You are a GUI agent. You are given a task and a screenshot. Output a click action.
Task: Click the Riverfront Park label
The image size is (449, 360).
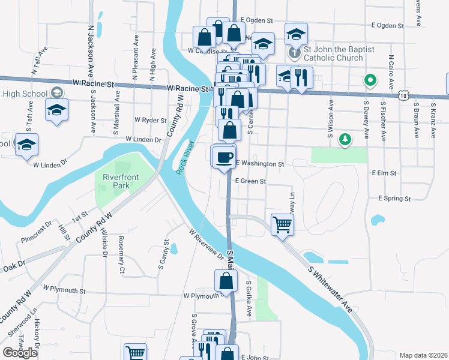tap(116, 181)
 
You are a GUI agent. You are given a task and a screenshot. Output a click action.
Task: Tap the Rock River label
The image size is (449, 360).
tap(185, 158)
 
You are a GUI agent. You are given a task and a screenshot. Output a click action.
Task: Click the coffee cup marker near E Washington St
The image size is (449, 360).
tap(224, 157)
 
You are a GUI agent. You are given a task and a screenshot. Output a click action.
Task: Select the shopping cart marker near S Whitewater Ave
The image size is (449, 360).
tap(282, 225)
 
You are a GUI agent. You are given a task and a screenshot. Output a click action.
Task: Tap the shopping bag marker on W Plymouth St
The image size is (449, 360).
tap(225, 280)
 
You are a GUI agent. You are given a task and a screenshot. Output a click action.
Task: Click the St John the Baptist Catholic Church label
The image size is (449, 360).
tap(334, 54)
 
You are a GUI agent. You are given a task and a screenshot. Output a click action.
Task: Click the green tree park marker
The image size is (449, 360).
tap(345, 140)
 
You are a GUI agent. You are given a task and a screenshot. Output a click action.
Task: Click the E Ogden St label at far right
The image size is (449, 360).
tap(388, 25)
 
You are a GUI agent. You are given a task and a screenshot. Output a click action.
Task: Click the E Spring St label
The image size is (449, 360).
tap(394, 198)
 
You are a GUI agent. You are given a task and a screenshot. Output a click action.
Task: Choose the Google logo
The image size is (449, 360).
tap(20, 353)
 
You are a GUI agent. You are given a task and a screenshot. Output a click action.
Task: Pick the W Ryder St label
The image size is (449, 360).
tap(150, 120)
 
